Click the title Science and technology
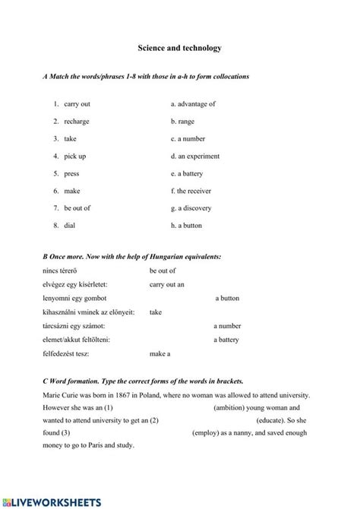[x=180, y=48]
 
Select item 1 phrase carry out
[x=77, y=104]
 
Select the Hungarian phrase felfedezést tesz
[x=68, y=354]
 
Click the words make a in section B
[x=159, y=354]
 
